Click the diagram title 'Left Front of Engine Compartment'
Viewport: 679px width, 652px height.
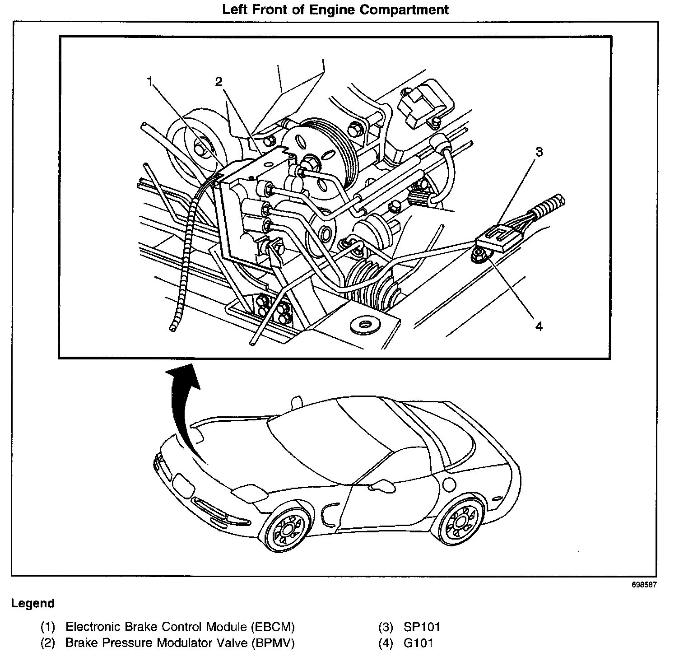point(335,10)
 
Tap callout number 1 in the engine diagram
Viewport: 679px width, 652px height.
point(151,81)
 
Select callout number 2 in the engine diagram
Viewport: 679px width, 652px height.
point(219,82)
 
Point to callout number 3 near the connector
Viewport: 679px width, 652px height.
point(539,152)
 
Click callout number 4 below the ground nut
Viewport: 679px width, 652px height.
point(539,326)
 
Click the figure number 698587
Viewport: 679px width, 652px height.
point(644,584)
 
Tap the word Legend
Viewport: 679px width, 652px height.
point(33,603)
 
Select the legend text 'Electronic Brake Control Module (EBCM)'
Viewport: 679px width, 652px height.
point(180,627)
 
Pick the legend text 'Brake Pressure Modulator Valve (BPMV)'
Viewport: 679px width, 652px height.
point(180,643)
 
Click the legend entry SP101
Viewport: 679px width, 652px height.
point(415,627)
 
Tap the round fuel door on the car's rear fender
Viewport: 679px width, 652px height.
point(450,484)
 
